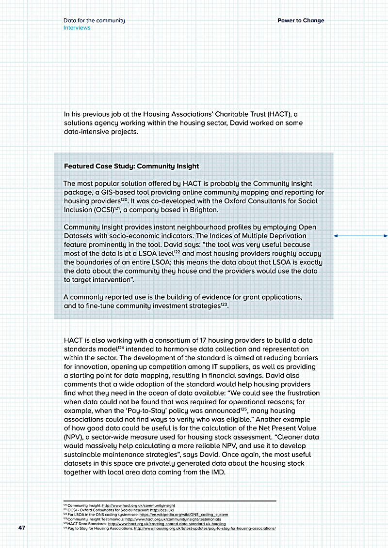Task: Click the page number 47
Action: click(21, 527)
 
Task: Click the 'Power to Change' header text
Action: click(301, 21)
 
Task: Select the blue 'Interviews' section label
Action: click(77, 28)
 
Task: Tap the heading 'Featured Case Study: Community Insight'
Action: click(131, 166)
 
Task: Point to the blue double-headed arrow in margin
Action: click(360, 236)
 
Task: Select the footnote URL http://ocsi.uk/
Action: click(163, 510)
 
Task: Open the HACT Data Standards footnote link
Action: click(167, 523)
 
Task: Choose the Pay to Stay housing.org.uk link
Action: click(205, 528)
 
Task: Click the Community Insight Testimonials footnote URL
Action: click(177, 519)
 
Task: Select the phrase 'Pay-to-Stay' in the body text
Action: click(165, 411)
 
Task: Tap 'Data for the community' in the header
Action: click(94, 21)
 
